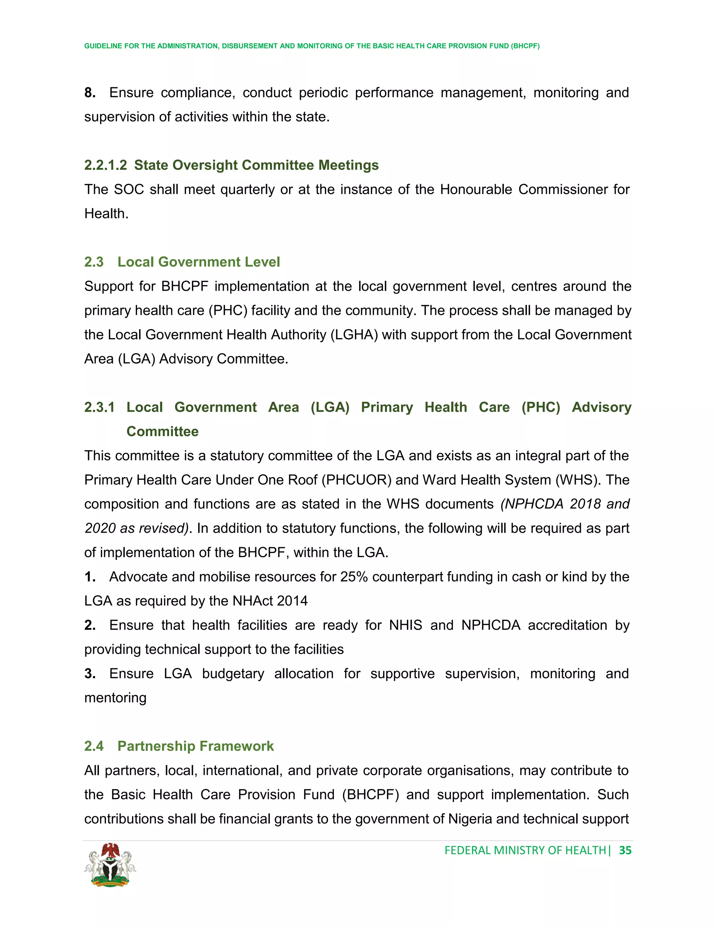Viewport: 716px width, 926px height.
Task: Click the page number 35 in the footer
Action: pyautogui.click(x=625, y=850)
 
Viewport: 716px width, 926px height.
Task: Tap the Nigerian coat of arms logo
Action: pyautogui.click(x=110, y=865)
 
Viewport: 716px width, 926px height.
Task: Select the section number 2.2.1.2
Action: pyautogui.click(x=105, y=165)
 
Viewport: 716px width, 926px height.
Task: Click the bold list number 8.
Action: pyautogui.click(x=89, y=93)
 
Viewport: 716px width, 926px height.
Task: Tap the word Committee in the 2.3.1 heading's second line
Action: pyautogui.click(x=163, y=431)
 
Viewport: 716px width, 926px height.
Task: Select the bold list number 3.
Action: pyautogui.click(x=89, y=673)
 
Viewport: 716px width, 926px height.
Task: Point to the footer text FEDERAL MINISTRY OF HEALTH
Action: pyautogui.click(x=525, y=850)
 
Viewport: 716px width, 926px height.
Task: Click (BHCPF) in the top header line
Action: pyautogui.click(x=525, y=46)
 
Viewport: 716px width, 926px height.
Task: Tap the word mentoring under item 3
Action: pyautogui.click(x=115, y=697)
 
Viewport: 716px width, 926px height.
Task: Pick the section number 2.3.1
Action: pyautogui.click(x=99, y=407)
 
